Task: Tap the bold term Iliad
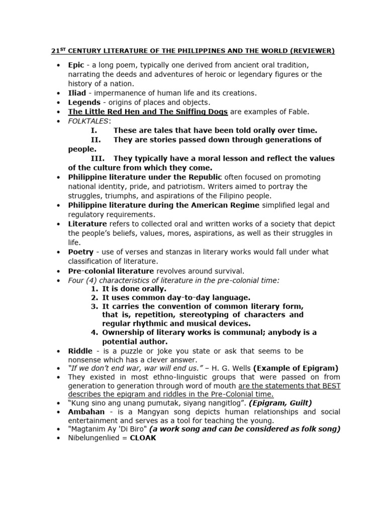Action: [77, 93]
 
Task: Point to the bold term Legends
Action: [83, 102]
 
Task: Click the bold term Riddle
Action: [80, 351]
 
